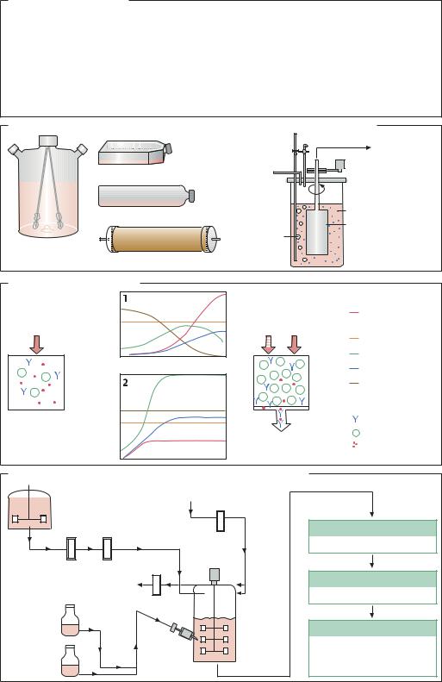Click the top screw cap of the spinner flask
tap(48, 141)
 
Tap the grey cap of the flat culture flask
tap(169, 149)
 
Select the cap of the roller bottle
tap(190, 197)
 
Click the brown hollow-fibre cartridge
tap(159, 239)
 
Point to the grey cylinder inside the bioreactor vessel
tap(317, 232)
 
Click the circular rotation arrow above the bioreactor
tap(316, 188)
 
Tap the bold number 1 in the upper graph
tap(125, 298)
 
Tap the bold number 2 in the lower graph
tap(126, 383)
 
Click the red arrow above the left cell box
tap(36, 344)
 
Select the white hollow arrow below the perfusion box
tap(281, 421)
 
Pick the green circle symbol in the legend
tap(356, 433)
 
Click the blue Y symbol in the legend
tap(356, 419)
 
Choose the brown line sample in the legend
tap(354, 383)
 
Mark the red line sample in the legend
tap(354, 312)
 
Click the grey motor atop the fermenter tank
tap(215, 574)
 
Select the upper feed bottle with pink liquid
tap(70, 620)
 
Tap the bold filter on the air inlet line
tap(221, 521)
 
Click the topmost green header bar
tap(372, 528)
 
